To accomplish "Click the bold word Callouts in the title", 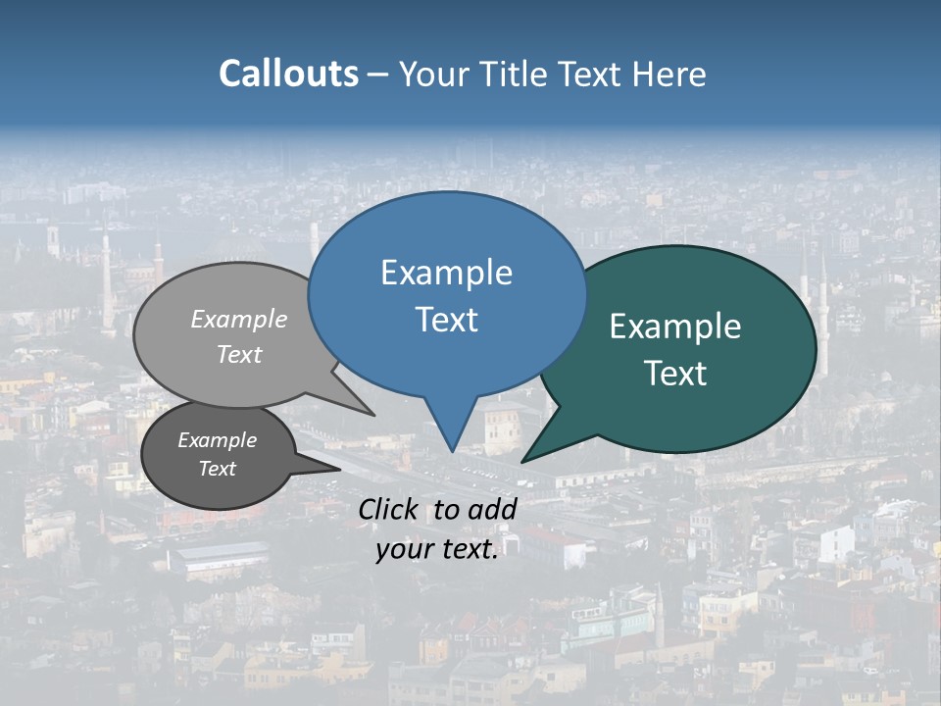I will (288, 74).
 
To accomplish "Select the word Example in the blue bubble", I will (446, 273).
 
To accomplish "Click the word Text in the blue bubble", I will (446, 320).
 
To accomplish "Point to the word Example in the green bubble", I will (675, 327).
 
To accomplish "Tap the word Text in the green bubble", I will (675, 374).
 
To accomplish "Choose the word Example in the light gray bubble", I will (239, 320).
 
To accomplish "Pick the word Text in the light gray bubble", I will (239, 355).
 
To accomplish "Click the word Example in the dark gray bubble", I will (218, 440).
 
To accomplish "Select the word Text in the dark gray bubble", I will (218, 469).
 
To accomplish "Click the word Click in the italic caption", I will (388, 509).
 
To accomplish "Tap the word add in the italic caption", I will (493, 509).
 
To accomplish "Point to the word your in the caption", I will (402, 549).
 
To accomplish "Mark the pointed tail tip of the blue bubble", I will (452, 452).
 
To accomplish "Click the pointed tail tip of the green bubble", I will (521, 462).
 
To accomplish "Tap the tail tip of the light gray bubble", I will (374, 416).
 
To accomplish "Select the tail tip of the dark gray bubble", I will (340, 470).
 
